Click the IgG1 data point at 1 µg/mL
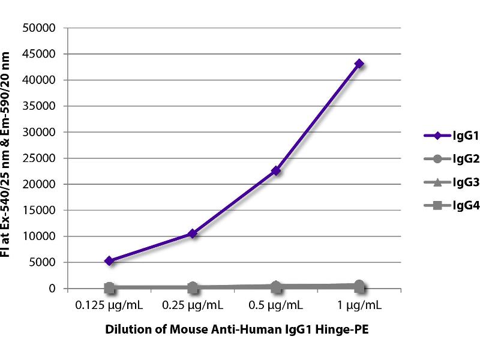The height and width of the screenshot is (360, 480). (359, 64)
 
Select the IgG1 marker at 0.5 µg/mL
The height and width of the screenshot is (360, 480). (276, 171)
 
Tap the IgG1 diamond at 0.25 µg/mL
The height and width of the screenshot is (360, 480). (193, 233)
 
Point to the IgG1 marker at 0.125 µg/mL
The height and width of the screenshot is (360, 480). (109, 261)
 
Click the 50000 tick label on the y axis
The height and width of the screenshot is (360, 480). (39, 28)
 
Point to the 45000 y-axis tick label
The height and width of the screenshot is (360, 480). (39, 54)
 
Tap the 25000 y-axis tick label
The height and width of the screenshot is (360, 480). (39, 158)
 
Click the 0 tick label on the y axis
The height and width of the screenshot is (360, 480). (53, 289)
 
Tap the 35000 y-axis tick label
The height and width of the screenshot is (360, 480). (39, 106)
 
